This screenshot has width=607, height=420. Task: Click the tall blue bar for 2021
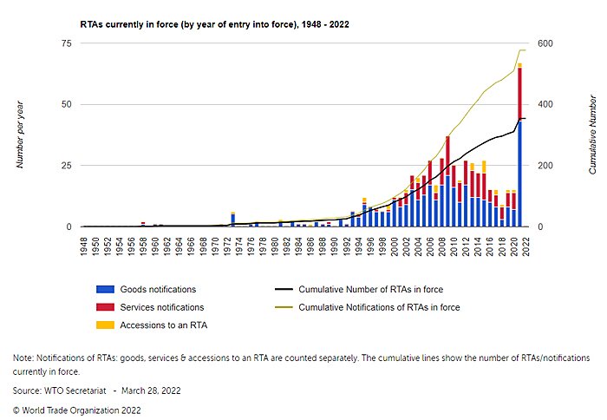(519, 174)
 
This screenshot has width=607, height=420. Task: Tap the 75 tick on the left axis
(67, 43)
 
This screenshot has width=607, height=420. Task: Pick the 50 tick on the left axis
(67, 105)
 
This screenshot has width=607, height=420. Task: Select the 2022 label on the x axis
(525, 246)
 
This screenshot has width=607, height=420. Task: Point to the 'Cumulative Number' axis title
(592, 135)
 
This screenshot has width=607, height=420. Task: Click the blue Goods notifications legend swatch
(104, 289)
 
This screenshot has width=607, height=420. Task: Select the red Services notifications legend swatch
(104, 307)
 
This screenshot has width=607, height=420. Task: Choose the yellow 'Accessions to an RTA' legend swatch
(104, 325)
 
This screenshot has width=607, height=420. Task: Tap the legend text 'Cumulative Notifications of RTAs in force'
(379, 307)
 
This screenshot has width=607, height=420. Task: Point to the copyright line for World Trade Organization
(76, 410)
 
